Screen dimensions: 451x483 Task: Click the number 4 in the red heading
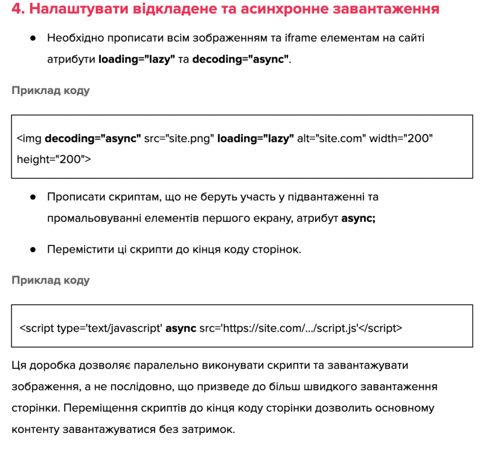(17, 10)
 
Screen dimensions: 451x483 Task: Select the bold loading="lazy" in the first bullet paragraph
(136, 60)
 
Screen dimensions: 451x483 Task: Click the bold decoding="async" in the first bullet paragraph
(240, 60)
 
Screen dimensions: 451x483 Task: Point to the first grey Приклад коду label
(51, 91)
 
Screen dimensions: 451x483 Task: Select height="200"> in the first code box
(54, 159)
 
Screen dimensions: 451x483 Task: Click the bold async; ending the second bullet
(359, 219)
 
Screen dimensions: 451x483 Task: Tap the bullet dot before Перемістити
(32, 249)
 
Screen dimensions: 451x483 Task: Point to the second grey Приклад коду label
(51, 280)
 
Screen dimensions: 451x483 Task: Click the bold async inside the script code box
(181, 328)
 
